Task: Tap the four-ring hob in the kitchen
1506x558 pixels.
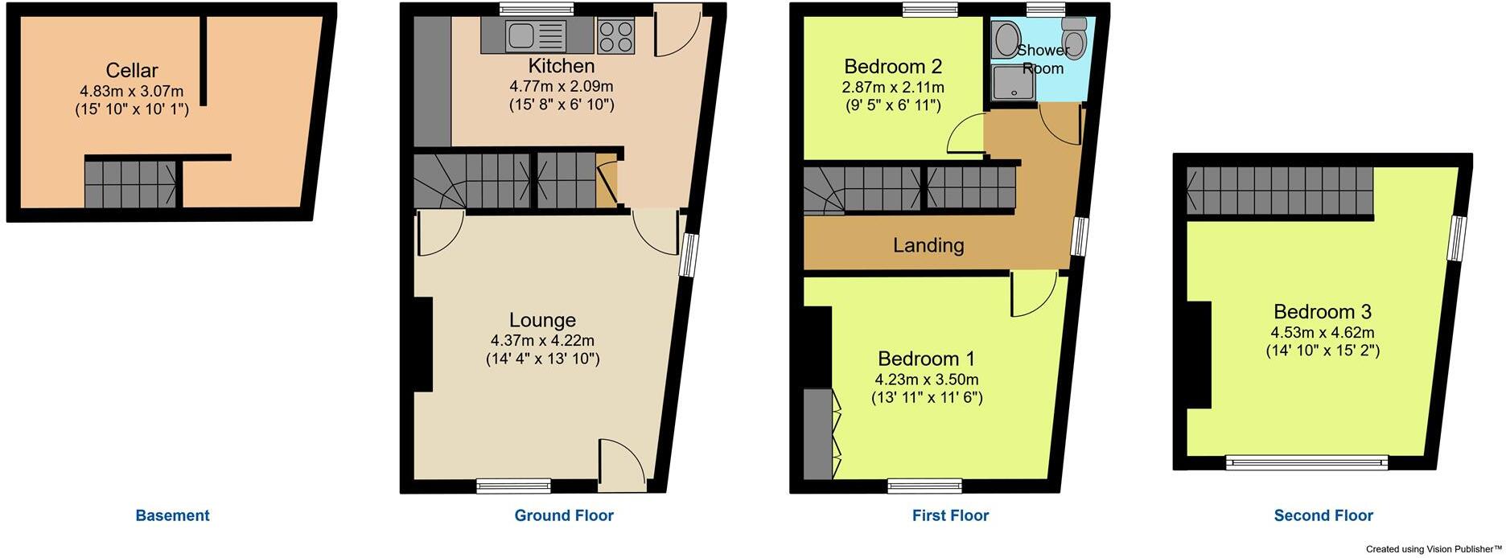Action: (x=615, y=35)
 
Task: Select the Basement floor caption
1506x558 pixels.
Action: (x=172, y=515)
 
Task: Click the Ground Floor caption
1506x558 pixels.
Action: (x=564, y=515)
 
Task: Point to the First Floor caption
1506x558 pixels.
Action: (x=950, y=515)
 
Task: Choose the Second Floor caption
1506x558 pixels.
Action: (x=1323, y=515)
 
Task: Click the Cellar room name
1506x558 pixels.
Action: (x=132, y=70)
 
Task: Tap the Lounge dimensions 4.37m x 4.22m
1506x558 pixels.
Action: (x=542, y=341)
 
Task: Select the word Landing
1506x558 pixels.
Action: (x=928, y=245)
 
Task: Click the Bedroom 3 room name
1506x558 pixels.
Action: (x=1322, y=311)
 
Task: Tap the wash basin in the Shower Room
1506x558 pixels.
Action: (x=1005, y=38)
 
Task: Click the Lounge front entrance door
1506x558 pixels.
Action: (x=622, y=466)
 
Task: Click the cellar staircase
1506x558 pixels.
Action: (x=131, y=183)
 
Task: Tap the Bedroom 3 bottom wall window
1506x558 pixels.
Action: (x=1306, y=463)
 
